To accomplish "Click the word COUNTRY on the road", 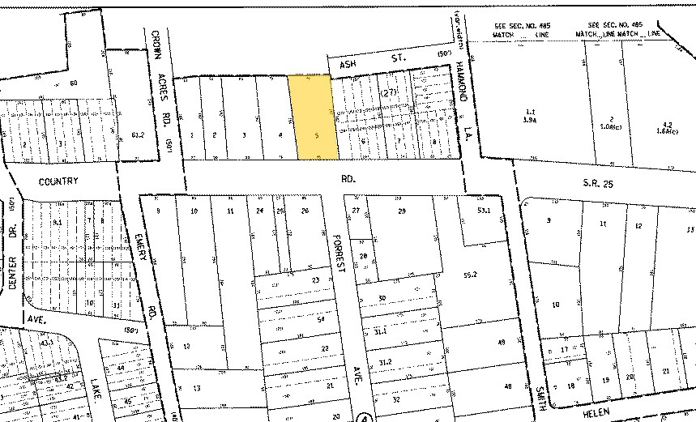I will point(58,181).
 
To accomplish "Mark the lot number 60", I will point(74,83).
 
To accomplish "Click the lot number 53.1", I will point(485,211).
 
